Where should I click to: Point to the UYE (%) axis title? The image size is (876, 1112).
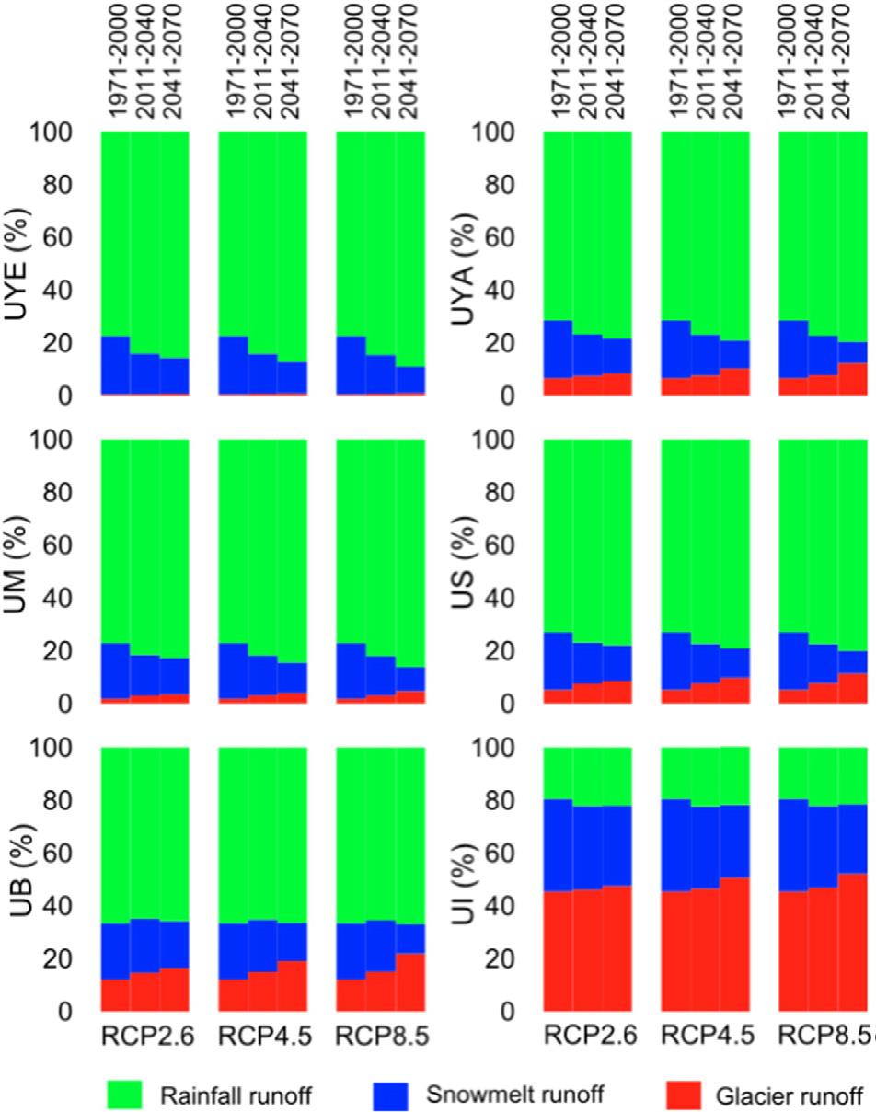pyautogui.click(x=17, y=263)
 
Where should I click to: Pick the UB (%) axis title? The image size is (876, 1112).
pyautogui.click(x=17, y=879)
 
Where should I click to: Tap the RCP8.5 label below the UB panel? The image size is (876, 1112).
pyautogui.click(x=382, y=1037)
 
